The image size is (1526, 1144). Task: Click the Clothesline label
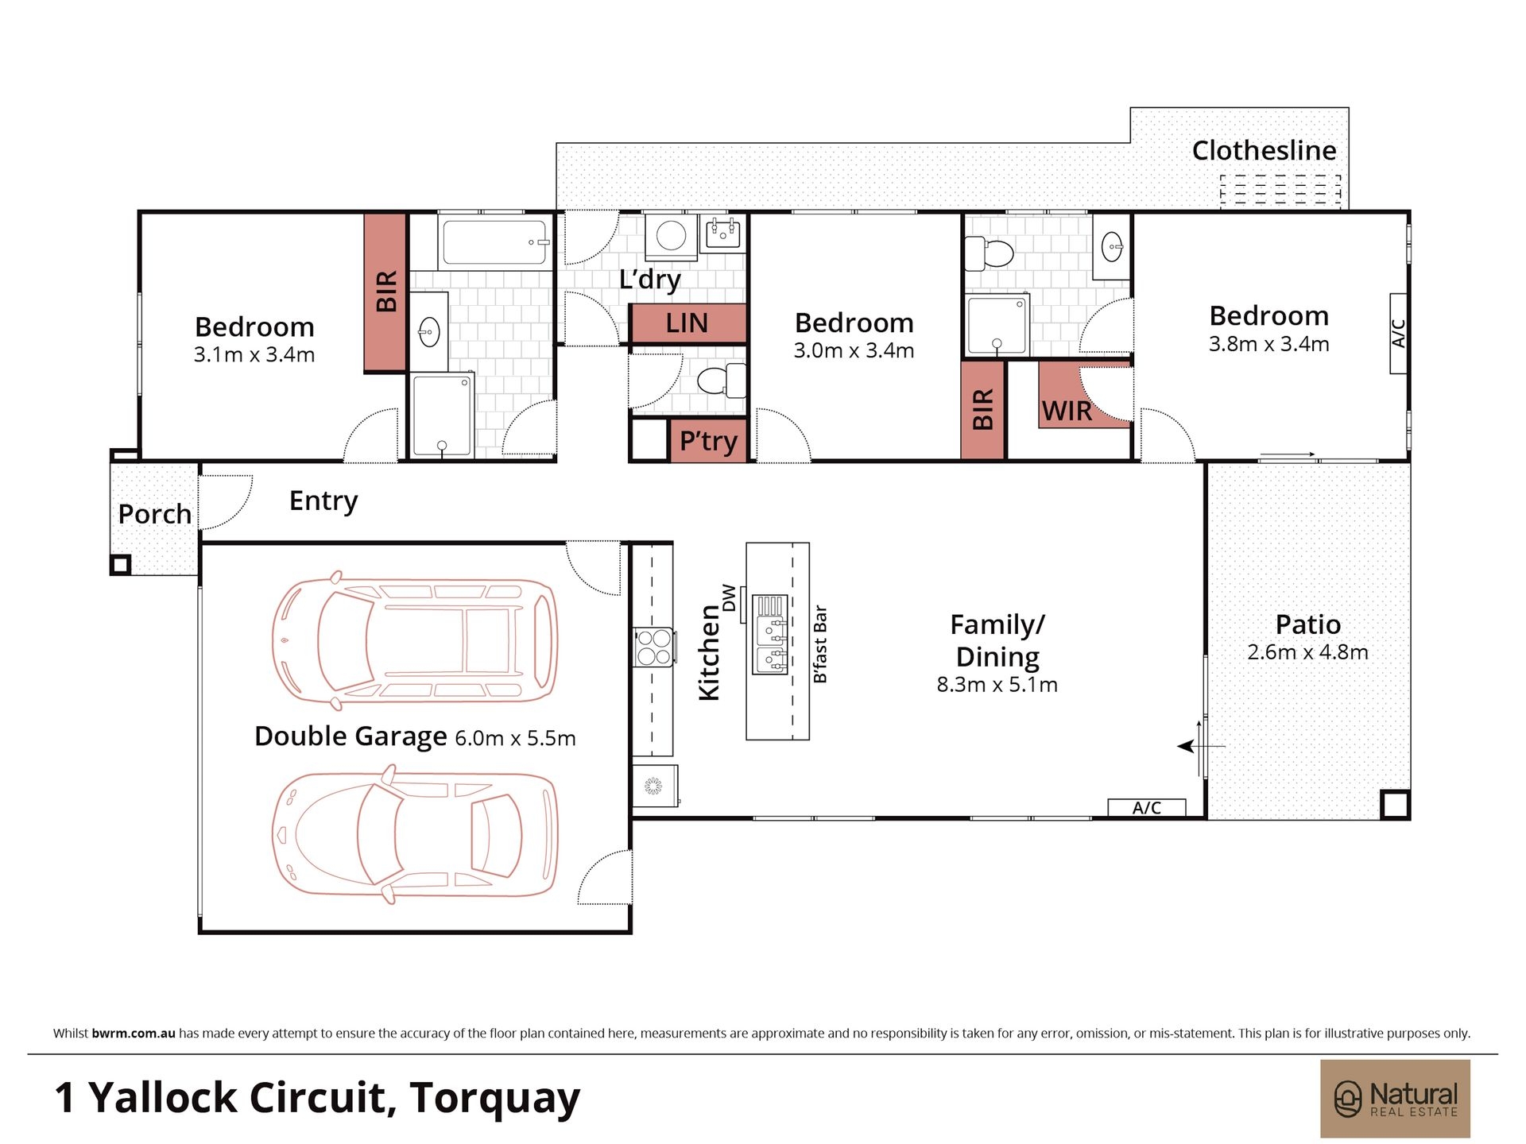click(1264, 150)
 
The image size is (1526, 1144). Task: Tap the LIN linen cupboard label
click(687, 323)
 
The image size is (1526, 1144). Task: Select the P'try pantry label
click(708, 441)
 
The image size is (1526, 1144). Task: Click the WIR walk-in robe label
click(1067, 412)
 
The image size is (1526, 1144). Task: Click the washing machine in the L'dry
click(671, 237)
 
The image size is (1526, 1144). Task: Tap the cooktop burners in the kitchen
click(653, 647)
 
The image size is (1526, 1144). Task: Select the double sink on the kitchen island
click(770, 634)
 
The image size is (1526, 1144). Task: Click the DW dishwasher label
click(729, 597)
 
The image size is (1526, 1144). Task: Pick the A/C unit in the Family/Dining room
click(1146, 808)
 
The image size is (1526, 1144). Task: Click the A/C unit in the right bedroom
click(1399, 334)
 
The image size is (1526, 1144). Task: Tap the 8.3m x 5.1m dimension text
click(997, 685)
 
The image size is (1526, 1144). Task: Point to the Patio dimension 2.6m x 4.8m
click(1307, 652)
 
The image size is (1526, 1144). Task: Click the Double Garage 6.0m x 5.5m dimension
click(515, 738)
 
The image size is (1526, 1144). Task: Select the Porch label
click(155, 514)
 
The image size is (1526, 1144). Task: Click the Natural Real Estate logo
click(1395, 1099)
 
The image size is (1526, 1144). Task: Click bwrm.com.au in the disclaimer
click(134, 1034)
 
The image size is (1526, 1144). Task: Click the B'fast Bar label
click(820, 644)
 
